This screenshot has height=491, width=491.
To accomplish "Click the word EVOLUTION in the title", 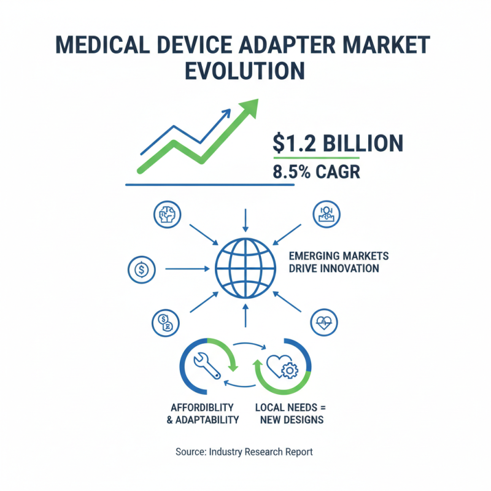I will (x=245, y=71).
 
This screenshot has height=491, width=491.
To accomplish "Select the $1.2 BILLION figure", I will (x=338, y=144).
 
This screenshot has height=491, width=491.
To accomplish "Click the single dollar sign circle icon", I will (x=142, y=268).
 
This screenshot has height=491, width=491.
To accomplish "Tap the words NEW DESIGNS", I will (x=292, y=420).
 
